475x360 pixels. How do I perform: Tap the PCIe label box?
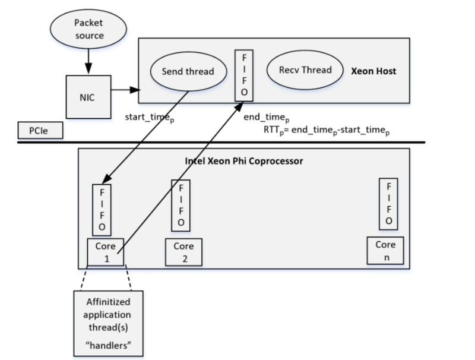[40, 130]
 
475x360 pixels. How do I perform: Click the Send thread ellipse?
[188, 71]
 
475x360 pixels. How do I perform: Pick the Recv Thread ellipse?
[305, 70]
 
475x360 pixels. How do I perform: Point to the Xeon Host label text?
[373, 71]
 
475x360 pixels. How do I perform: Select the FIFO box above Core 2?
[180, 206]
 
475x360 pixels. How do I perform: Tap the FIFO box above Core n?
[388, 202]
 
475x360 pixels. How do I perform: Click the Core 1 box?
[105, 252]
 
